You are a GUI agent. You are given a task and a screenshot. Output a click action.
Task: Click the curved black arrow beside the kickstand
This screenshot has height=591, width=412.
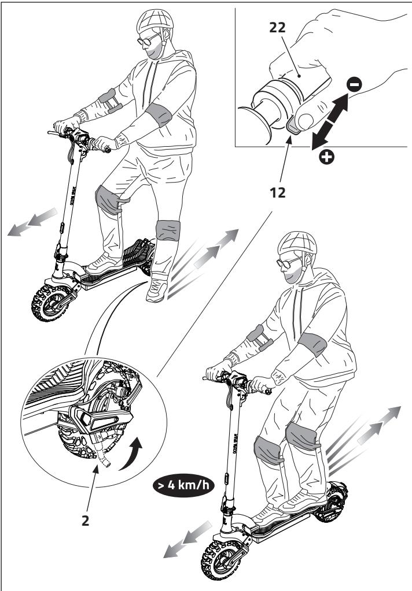click(x=133, y=455)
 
